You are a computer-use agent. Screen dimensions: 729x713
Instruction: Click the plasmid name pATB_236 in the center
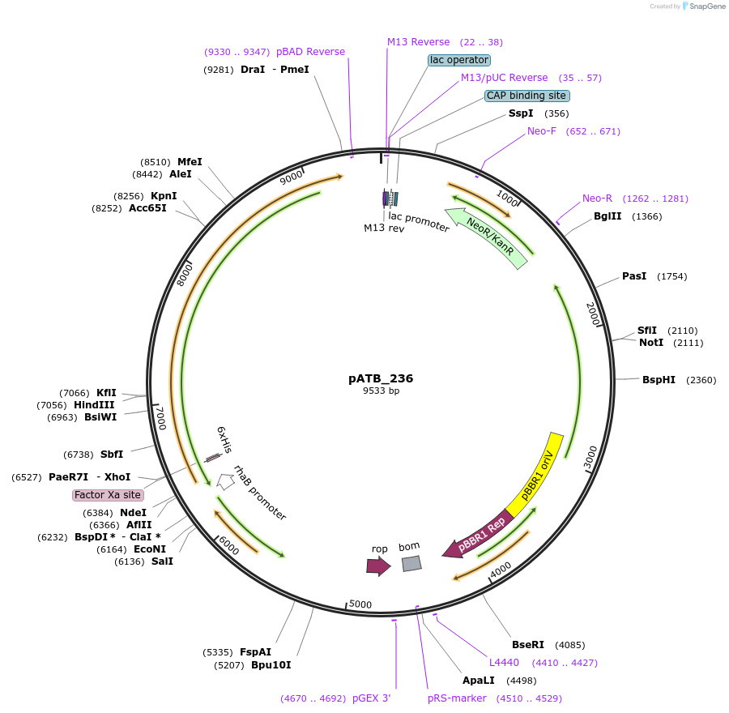point(381,378)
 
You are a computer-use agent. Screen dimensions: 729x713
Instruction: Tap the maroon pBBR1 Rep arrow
point(478,535)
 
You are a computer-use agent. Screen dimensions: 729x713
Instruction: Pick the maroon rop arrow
point(378,566)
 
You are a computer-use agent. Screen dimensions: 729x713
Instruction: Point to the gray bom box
point(412,564)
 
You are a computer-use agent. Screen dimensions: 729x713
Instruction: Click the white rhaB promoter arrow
point(226,481)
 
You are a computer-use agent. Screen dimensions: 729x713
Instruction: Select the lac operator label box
point(459,60)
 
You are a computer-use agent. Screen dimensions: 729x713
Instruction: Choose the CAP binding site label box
point(526,96)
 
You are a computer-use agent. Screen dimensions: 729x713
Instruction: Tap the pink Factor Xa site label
point(108,495)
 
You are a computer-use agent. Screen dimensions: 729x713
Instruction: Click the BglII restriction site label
point(607,216)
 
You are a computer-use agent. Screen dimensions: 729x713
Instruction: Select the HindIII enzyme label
point(94,405)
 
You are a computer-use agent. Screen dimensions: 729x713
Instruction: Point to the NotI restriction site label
point(651,343)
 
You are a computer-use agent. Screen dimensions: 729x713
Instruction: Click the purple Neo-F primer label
point(542,131)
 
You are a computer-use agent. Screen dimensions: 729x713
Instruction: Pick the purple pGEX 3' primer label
point(372,698)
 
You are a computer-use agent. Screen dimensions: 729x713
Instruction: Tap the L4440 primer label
point(504,662)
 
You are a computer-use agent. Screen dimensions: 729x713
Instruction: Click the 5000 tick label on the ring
point(360,604)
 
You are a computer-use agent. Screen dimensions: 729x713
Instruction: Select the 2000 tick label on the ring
point(593,314)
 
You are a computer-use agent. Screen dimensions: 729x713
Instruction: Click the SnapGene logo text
point(707,6)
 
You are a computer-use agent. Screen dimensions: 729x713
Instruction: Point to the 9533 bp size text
point(382,391)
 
